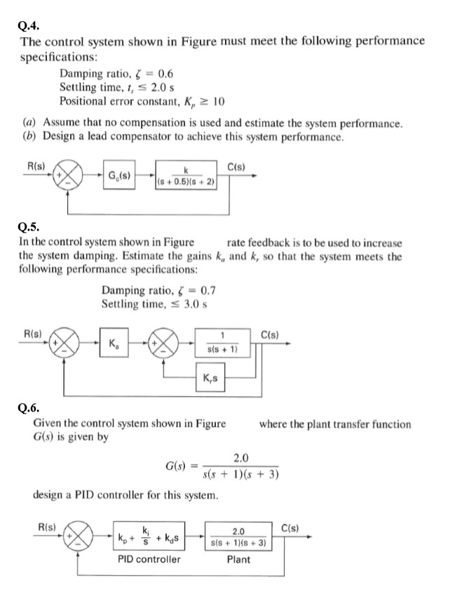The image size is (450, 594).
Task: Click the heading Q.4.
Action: coord(27,26)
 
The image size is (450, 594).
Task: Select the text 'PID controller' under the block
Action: coord(148,560)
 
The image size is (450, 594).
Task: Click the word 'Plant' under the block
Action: coord(238,560)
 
